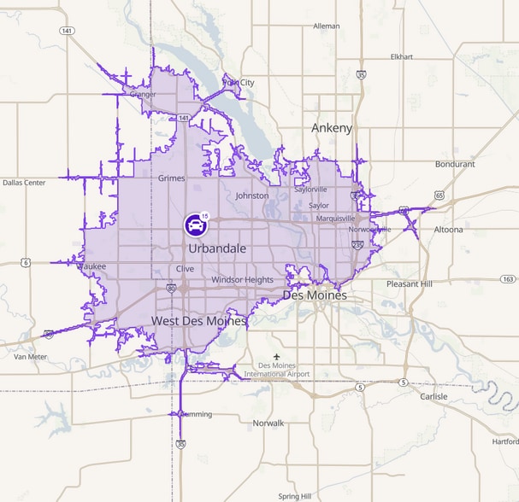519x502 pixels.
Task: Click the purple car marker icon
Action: point(196,225)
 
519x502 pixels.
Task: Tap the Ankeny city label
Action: point(332,128)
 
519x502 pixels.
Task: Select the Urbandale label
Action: point(218,248)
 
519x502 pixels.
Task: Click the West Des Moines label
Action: point(198,321)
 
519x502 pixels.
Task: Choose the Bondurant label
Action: point(455,164)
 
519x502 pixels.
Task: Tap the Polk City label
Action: point(239,82)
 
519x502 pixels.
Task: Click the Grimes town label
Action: point(172,178)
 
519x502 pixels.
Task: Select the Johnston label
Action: point(251,196)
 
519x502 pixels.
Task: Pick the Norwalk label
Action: point(268,423)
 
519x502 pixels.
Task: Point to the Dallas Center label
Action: point(24,183)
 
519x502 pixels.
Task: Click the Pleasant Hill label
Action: point(409,283)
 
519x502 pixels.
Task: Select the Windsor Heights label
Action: point(242,279)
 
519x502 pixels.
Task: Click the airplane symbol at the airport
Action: point(276,356)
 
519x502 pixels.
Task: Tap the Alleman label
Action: point(327,26)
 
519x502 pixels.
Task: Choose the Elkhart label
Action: point(401,57)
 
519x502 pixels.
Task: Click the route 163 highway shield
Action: point(509,279)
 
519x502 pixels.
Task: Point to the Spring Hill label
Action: point(295,496)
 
